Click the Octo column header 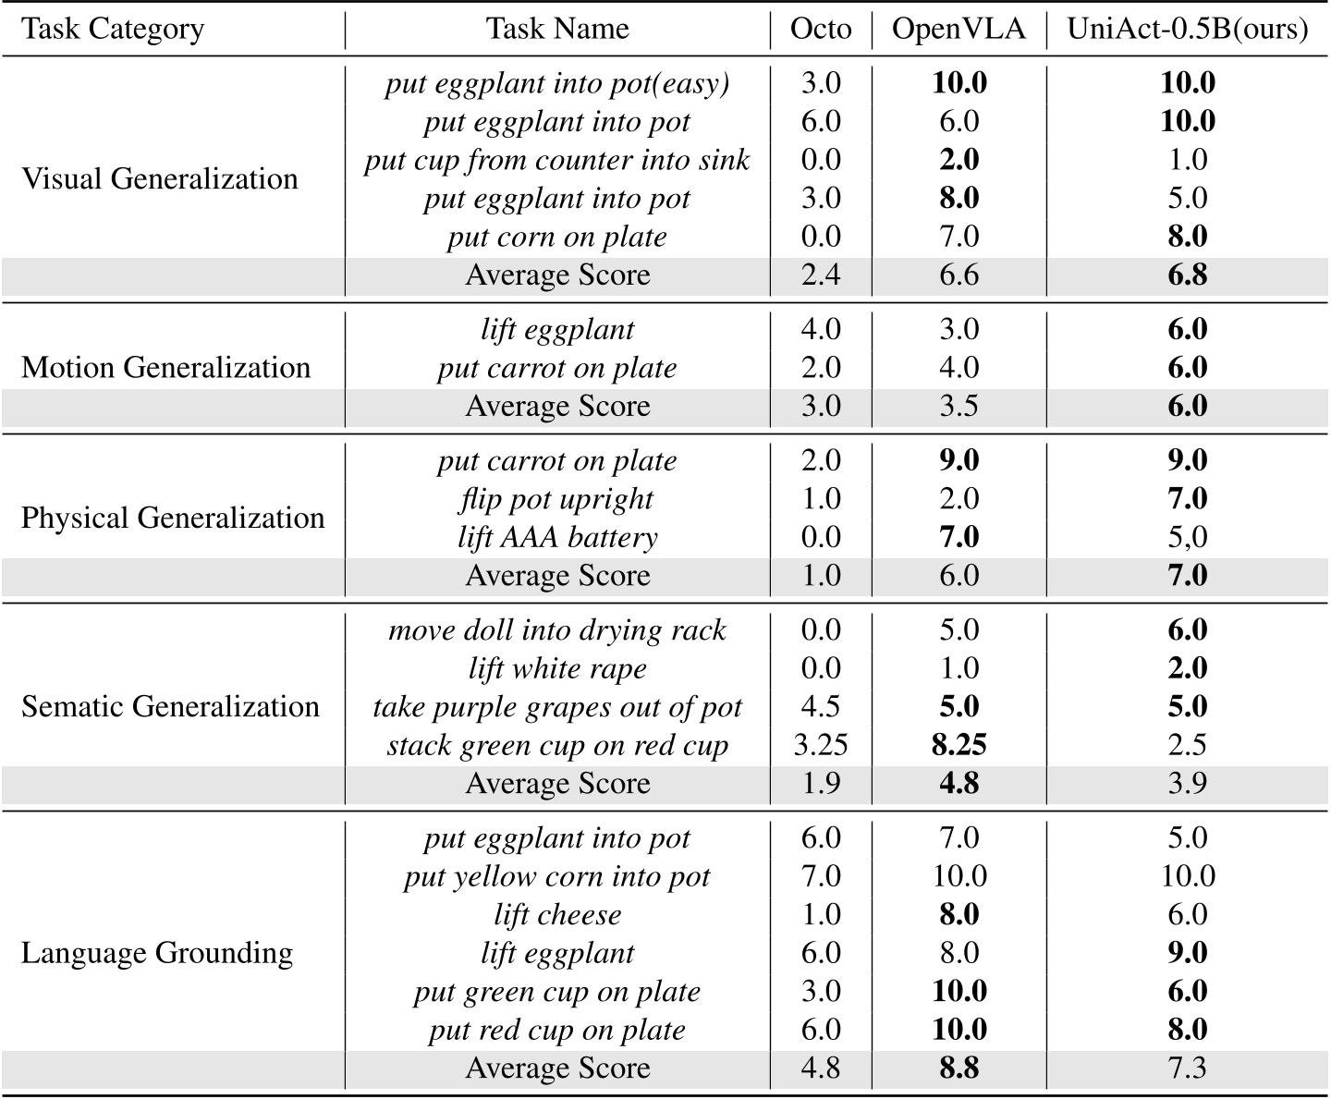820,29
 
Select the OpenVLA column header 959,29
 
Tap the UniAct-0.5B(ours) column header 1188,29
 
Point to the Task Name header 557,29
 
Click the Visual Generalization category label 160,178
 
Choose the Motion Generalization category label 165,368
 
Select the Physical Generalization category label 173,518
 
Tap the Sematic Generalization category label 170,707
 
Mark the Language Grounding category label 157,953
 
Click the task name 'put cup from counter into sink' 557,160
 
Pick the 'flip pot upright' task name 557,499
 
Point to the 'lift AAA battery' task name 557,537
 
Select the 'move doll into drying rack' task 557,630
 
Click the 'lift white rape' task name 557,668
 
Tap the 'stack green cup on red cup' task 557,746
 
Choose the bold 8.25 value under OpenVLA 959,746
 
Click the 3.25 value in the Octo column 820,746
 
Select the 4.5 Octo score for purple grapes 820,707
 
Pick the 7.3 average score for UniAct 1188,1068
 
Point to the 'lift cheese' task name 557,915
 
